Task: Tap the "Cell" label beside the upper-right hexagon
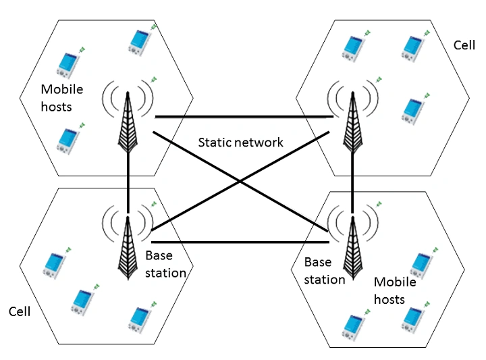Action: pos(466,45)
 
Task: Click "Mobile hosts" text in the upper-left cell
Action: pos(61,97)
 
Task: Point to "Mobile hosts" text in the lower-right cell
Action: pos(395,290)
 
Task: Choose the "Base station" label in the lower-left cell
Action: pos(165,264)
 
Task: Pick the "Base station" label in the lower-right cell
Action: pos(324,269)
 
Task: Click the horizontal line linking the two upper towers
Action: pos(243,117)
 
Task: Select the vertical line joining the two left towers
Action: pos(127,179)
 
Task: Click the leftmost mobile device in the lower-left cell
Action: pos(53,264)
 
